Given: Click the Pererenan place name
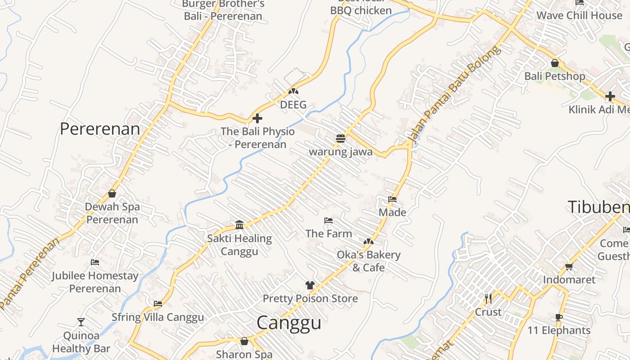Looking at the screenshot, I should click(x=100, y=129).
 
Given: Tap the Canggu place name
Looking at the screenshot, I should click(x=289, y=323).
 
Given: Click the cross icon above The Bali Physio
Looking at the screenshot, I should click(x=257, y=118).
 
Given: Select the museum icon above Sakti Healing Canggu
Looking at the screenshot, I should click(x=239, y=225).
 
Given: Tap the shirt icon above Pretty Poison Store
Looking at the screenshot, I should click(x=310, y=285).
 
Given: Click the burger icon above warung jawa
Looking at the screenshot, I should click(x=341, y=138).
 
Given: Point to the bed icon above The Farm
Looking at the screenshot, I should click(x=328, y=220).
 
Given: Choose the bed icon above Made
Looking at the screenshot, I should click(x=392, y=199).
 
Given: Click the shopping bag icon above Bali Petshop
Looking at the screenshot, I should click(x=555, y=63).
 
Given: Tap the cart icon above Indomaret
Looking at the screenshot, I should click(x=569, y=266).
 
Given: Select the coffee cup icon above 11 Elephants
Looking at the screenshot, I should click(x=559, y=317).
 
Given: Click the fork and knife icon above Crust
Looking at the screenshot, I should click(x=488, y=298).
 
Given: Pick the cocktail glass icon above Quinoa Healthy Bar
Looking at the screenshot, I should click(x=81, y=322).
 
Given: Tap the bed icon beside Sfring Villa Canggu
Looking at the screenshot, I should click(x=157, y=304).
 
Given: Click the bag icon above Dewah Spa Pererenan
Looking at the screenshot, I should click(x=112, y=193).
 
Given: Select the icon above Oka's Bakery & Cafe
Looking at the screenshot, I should click(x=369, y=242).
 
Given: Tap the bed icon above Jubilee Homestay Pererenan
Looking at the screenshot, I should click(x=94, y=262).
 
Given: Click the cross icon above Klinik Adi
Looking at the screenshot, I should click(x=610, y=96).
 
